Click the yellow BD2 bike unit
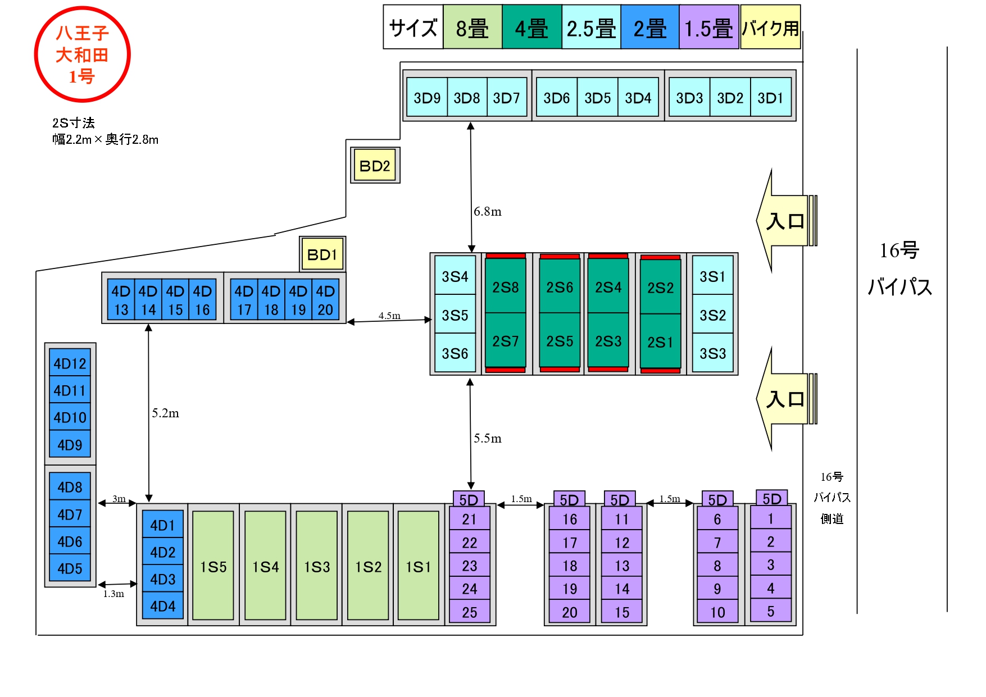375,166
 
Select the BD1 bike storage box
322,254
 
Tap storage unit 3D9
427,98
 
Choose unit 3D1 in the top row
770,98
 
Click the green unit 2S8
506,287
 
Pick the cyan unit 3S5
455,315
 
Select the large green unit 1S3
317,566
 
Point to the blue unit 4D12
70,363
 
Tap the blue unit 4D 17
244,300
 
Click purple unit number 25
470,612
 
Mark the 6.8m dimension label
488,212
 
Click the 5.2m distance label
165,413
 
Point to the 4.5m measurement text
389,316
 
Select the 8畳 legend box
472,28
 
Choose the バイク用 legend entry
770,28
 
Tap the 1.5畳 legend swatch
708,28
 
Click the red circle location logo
83,54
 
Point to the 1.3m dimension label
113,594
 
